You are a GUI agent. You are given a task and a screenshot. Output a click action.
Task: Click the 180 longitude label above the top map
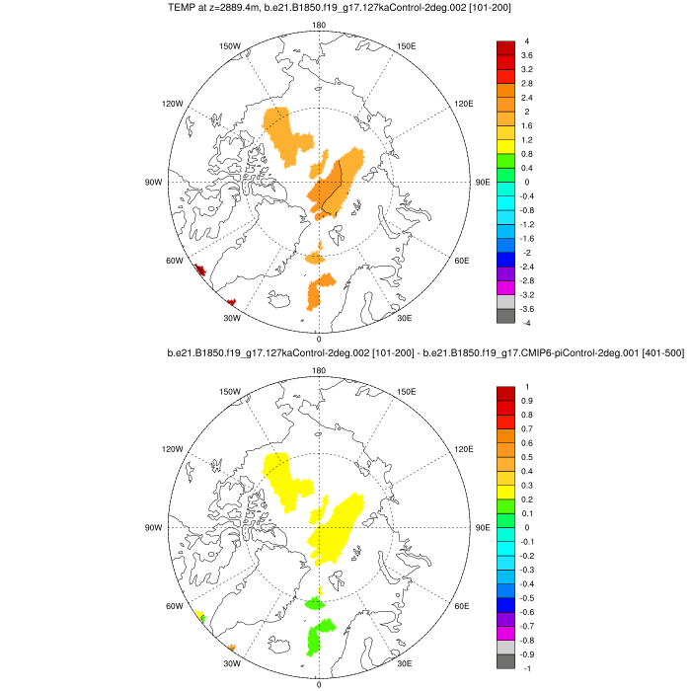point(318,26)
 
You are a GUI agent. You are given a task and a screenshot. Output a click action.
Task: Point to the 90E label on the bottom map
point(483,528)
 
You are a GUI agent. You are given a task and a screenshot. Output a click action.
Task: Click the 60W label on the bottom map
point(175,606)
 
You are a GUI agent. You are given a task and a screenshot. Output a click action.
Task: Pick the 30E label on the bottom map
point(404,663)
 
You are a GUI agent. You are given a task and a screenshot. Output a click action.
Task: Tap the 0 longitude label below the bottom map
point(318,683)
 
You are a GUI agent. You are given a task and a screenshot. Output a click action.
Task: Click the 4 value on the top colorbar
point(527,41)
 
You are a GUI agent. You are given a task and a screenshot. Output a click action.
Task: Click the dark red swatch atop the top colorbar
point(505,48)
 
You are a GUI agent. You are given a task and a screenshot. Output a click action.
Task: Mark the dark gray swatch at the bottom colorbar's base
point(505,661)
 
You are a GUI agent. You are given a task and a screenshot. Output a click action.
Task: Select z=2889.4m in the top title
point(240,8)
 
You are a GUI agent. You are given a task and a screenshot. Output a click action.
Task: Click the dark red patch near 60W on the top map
point(199,269)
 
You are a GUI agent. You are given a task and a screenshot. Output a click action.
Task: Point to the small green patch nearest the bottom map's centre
point(315,603)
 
